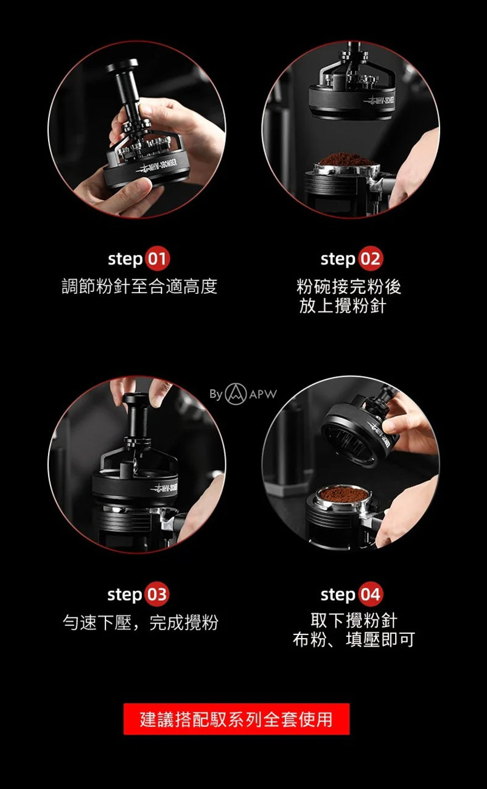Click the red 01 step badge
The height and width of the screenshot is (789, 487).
[x=158, y=259]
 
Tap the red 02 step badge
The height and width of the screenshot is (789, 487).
[x=370, y=259]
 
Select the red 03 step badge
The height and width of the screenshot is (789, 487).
[x=157, y=594]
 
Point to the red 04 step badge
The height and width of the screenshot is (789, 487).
[x=370, y=594]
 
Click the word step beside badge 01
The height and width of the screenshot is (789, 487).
[x=125, y=260]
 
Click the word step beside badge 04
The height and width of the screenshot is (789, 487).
[x=338, y=595]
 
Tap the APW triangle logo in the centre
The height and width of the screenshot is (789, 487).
[x=236, y=394]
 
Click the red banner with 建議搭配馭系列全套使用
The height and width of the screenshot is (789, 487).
[x=236, y=719]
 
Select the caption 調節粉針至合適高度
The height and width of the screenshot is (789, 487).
[x=139, y=286]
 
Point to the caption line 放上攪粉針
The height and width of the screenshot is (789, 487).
[x=343, y=305]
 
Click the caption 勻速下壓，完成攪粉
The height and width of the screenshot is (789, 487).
[x=141, y=622]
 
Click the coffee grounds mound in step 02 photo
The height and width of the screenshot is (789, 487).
[x=346, y=159]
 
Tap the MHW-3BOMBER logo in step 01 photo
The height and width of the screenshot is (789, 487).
[x=157, y=166]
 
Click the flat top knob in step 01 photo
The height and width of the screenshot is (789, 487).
[x=124, y=66]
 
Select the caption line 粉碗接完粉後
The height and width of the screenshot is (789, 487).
[x=349, y=287]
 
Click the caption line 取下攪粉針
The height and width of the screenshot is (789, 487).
[x=354, y=620]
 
